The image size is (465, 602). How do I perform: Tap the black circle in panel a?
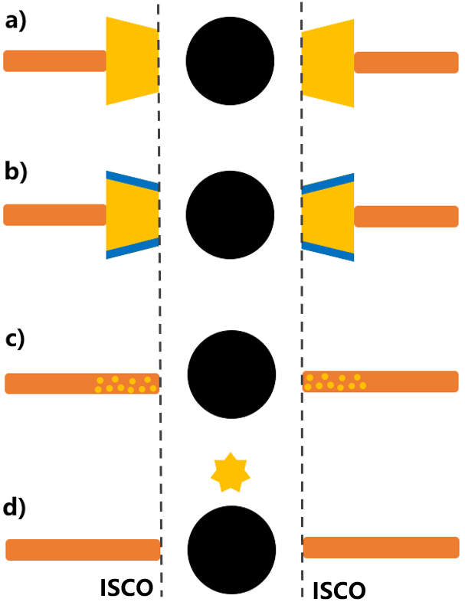[x=230, y=61]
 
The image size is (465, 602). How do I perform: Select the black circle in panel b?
[x=230, y=214]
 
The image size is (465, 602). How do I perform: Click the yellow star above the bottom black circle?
[x=230, y=472]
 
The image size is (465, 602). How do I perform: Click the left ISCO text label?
[x=126, y=587]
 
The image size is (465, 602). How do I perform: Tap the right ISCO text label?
[x=339, y=590]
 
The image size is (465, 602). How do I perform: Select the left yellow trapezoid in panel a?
[x=132, y=61]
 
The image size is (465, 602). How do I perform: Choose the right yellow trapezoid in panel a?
[x=329, y=63]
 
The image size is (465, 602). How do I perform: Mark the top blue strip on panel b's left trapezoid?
[x=132, y=180]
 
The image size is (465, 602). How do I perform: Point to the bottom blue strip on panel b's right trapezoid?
[x=329, y=250]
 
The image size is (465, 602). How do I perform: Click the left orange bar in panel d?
[x=83, y=549]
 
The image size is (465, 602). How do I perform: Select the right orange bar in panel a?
[x=406, y=63]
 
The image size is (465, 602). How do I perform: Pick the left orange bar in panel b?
[x=54, y=214]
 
